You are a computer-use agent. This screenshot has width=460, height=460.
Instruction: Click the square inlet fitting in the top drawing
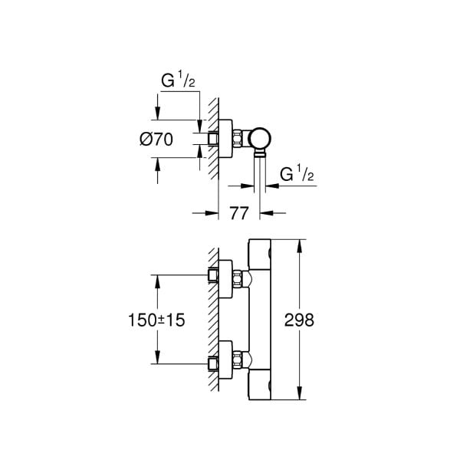[214, 139]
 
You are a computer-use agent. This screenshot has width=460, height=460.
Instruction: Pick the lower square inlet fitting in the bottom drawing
[214, 361]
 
